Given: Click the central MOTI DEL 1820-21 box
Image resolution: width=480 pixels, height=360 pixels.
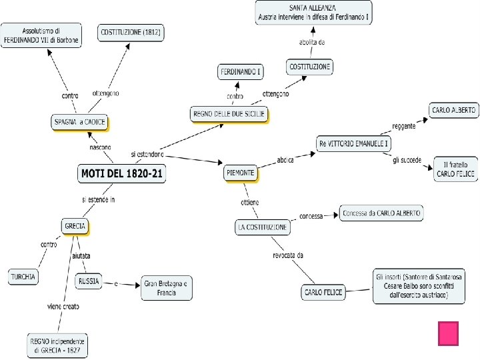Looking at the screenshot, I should pyautogui.click(x=122, y=174).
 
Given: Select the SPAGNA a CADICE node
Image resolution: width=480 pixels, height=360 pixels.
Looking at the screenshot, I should pyautogui.click(x=79, y=122).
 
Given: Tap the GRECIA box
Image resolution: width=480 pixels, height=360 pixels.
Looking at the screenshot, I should pyautogui.click(x=75, y=227).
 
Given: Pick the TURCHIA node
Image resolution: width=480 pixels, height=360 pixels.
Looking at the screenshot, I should pyautogui.click(x=23, y=276).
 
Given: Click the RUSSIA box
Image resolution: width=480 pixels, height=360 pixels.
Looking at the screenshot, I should pyautogui.click(x=89, y=281).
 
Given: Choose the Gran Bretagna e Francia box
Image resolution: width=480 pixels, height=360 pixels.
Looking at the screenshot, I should pyautogui.click(x=167, y=287).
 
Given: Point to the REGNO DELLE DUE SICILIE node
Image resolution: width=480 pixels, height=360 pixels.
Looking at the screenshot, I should pyautogui.click(x=229, y=114).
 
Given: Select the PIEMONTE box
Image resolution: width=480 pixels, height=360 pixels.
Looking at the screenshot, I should pyautogui.click(x=240, y=173).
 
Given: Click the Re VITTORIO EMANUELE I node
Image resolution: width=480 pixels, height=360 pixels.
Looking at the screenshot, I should pyautogui.click(x=353, y=143).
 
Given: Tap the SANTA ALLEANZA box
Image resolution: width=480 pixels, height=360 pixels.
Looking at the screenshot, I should pyautogui.click(x=313, y=12).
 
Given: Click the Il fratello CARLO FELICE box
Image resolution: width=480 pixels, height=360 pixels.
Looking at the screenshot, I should pyautogui.click(x=455, y=169).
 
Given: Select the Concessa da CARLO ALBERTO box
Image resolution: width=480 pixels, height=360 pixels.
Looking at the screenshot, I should pyautogui.click(x=381, y=213).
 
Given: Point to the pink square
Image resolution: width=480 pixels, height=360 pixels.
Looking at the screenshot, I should pyautogui.click(x=448, y=333).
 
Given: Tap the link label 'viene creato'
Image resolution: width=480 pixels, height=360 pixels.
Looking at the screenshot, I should pyautogui.click(x=63, y=307).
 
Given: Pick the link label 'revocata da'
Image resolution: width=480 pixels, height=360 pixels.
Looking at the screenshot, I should pyautogui.click(x=288, y=255).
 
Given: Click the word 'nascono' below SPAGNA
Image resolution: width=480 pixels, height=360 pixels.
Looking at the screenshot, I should pyautogui.click(x=101, y=147).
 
